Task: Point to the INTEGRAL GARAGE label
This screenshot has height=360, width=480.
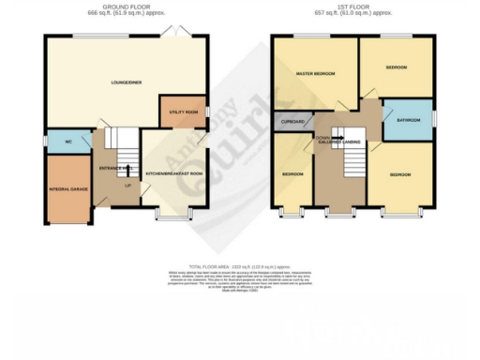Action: [67, 190]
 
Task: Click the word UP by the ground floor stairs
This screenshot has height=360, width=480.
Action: [127, 185]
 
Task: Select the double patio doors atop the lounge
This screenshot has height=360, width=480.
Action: [172, 34]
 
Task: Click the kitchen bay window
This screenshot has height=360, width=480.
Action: [170, 217]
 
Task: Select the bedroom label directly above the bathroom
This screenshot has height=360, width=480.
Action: [397, 67]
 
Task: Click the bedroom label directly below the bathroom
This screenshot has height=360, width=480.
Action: [400, 173]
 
